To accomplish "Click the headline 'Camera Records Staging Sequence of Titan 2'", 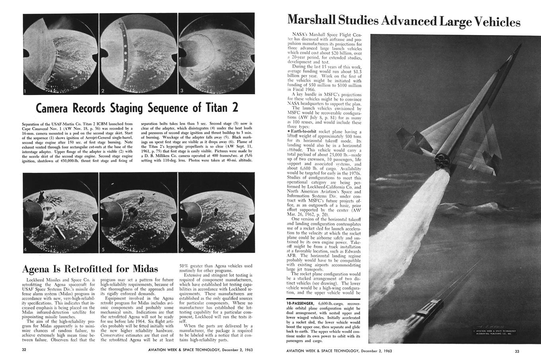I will pos(137,108).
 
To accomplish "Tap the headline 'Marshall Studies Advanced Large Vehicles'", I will pos(403,20).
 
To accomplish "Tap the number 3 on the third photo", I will pos(182,91).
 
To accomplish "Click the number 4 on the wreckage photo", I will pos(25,249).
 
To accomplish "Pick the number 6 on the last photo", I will pos(182,250).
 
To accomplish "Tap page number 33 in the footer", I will pos(517,350).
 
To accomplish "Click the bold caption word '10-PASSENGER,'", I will pos(304,304).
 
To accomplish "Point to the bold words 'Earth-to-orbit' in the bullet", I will pos(305,131).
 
